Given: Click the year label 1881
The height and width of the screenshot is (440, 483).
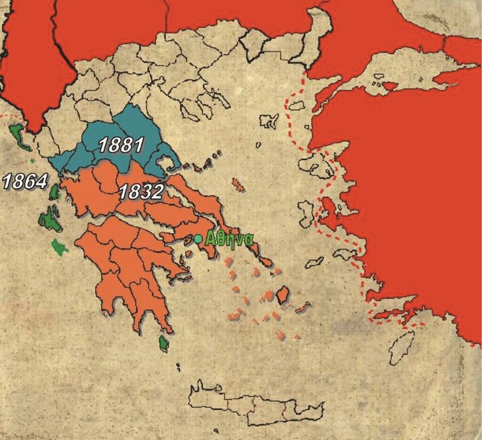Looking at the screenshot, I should point(121,145).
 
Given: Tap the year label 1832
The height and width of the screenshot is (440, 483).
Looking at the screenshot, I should point(140,193).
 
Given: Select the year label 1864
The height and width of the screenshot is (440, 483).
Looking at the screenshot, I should point(25,181).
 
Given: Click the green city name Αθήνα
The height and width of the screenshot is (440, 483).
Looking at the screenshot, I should point(229,238).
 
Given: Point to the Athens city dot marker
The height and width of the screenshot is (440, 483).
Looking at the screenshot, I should point(198,238).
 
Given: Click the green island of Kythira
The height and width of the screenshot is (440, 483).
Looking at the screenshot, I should point(163,345).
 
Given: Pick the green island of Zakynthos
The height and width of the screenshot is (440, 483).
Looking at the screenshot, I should point(58,246).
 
